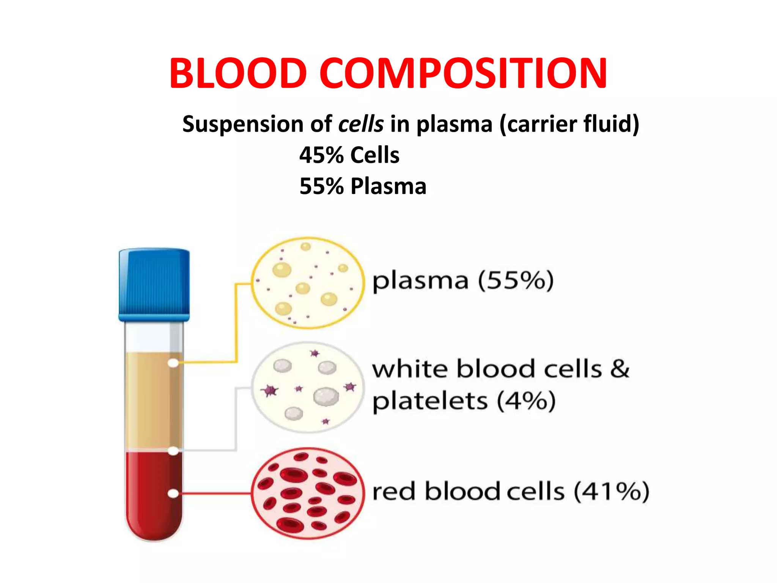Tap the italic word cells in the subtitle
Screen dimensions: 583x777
point(361,124)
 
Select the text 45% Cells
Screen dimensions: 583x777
point(349,155)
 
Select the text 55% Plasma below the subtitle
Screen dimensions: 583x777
point(363,186)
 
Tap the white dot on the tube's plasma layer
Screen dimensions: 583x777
point(173,363)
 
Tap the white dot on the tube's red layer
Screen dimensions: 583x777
point(173,493)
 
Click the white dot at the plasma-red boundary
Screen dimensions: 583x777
point(173,451)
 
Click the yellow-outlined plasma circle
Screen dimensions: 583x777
point(308,283)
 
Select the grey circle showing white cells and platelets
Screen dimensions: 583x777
point(308,388)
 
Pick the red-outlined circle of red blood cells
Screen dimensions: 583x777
point(308,493)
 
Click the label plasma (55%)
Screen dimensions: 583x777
point(463,281)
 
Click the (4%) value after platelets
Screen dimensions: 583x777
point(526,401)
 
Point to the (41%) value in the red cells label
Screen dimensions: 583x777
point(611,492)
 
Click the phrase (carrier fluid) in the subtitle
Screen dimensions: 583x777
point(569,124)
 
